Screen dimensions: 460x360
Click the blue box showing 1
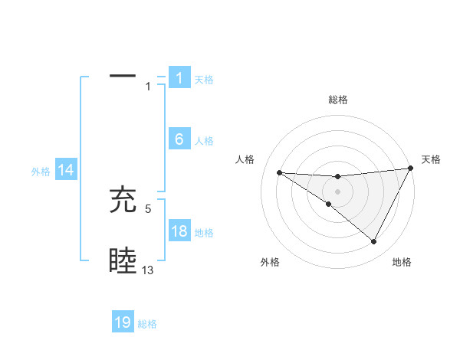[x=179, y=77]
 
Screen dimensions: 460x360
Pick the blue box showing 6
[x=179, y=139]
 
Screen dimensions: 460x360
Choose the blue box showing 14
[x=66, y=171]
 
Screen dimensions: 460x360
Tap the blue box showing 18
[x=179, y=231]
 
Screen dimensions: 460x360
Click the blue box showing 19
[x=123, y=322]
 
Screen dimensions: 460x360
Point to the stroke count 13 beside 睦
[x=148, y=270]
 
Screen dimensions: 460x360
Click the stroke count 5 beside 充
[x=149, y=208]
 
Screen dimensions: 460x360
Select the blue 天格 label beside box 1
[x=204, y=79]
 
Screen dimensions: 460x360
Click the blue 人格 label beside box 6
[x=204, y=141]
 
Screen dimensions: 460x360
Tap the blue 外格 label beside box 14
[x=41, y=172]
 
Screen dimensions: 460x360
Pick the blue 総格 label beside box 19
[x=147, y=324]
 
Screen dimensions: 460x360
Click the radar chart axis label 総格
[x=338, y=100]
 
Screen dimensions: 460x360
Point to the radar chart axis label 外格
[x=270, y=262]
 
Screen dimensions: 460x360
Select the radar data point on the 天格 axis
[x=411, y=169]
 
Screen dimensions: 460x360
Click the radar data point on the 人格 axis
[x=280, y=172]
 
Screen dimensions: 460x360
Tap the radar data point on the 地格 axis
[x=374, y=242]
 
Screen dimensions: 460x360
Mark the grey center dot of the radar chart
[x=337, y=191]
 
